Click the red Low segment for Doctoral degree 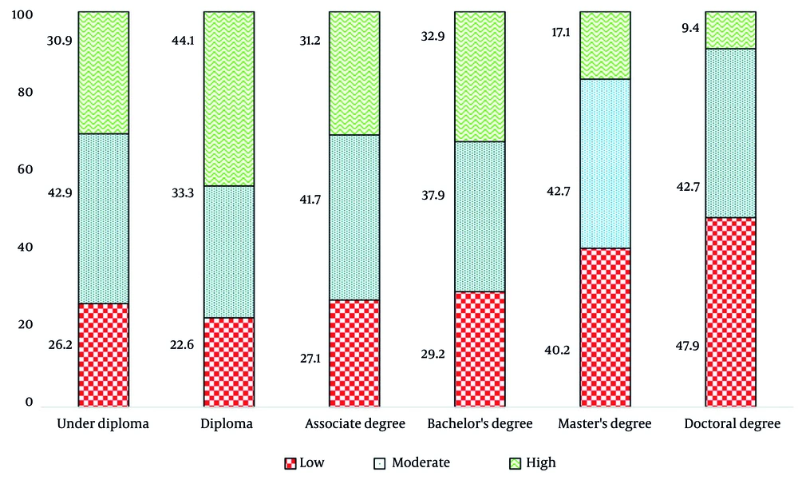[x=730, y=312]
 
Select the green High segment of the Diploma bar [x=229, y=99]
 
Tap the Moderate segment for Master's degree [x=605, y=164]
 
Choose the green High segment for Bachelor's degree [x=480, y=77]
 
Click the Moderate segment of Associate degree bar [x=354, y=217]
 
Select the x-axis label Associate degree [x=354, y=424]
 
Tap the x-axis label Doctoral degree [x=732, y=424]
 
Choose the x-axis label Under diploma [x=104, y=424]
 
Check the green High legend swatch [x=516, y=463]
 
